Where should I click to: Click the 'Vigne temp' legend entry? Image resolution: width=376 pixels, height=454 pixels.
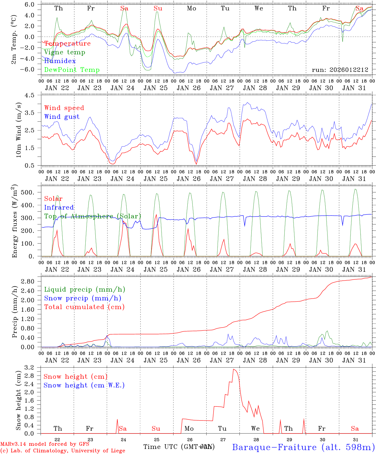65,52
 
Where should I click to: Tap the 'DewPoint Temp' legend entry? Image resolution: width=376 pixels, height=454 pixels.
72,70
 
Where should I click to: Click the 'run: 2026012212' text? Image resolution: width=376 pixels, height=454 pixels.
340,70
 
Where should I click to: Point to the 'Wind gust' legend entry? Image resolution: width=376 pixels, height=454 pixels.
62,117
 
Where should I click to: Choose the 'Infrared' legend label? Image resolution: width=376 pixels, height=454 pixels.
59,207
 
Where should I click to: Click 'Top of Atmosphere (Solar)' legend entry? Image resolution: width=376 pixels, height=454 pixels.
92,216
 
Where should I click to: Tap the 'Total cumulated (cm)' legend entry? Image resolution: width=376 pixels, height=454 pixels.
84,307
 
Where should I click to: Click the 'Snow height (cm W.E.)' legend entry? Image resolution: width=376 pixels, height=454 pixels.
84,385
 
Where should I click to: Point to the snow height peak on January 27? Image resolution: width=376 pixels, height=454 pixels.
233,369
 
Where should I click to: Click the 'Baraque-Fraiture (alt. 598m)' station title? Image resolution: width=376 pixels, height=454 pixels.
303,447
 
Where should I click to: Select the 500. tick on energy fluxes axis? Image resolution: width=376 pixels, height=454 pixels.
32,192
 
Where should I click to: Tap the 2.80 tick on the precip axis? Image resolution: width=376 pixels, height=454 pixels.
32,281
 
